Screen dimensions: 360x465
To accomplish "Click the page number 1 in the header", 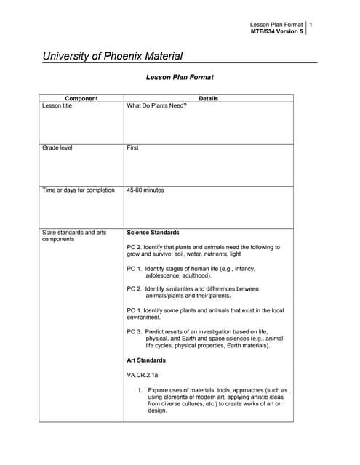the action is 311,25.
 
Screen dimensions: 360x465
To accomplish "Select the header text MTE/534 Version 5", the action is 276,32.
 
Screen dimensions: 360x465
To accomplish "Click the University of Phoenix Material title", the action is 113,56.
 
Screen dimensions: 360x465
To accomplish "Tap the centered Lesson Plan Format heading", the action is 180,76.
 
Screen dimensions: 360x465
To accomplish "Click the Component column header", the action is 81,98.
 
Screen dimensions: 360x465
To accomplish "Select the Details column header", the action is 208,98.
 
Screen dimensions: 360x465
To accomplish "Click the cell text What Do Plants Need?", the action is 156,105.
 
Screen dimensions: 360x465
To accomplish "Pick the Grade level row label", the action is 57,147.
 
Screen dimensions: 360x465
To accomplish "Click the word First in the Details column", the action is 132,147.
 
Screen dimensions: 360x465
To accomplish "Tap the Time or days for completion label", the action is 79,190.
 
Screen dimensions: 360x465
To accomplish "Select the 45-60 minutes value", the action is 145,190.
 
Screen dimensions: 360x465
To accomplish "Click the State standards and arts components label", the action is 74,235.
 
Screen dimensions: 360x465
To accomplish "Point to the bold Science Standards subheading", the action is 153,232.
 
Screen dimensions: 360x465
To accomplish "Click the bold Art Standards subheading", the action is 146,360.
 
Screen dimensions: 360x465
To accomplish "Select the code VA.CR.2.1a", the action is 143,375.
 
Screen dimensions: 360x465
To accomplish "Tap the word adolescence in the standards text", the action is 165,275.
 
